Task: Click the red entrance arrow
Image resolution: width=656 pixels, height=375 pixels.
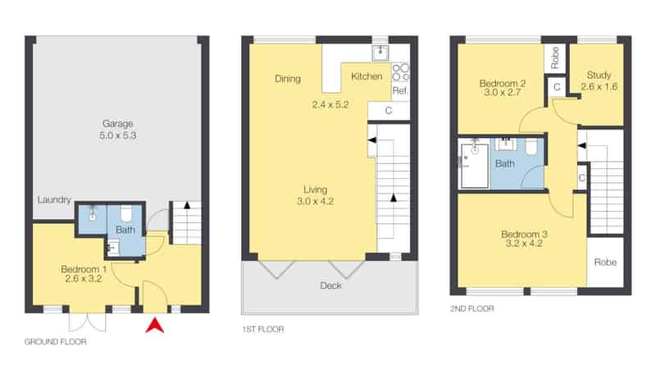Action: tap(155, 326)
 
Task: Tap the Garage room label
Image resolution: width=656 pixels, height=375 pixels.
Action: tap(117, 123)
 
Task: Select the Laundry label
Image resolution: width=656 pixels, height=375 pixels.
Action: tap(54, 199)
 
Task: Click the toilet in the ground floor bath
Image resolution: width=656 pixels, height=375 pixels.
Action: tap(126, 213)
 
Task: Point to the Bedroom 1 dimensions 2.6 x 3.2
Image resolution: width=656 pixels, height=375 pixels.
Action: tap(84, 279)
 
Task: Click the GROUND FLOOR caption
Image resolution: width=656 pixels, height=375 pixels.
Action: tap(55, 341)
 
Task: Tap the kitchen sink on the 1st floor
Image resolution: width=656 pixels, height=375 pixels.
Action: tap(380, 53)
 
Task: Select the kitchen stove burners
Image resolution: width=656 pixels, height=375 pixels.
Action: tap(400, 72)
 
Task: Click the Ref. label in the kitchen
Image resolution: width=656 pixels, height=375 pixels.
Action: tap(400, 90)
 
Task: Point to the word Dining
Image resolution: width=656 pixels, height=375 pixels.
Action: tap(288, 79)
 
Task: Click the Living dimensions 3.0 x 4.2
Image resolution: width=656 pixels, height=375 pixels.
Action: tap(315, 201)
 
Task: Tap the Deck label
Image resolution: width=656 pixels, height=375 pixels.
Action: tap(330, 286)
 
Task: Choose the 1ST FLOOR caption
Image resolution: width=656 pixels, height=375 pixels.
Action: tap(262, 329)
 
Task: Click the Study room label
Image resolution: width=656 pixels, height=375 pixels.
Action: tap(599, 75)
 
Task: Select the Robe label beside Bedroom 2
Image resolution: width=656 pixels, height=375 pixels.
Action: tap(555, 57)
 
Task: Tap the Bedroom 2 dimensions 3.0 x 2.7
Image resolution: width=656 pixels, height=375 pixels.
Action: tap(502, 93)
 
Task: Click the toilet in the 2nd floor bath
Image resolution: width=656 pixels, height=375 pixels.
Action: tap(531, 147)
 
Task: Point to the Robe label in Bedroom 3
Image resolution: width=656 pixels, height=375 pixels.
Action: tap(605, 263)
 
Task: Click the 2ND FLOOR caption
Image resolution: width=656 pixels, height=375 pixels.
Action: tap(472, 309)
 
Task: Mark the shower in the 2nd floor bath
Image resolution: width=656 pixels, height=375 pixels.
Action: tap(475, 166)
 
